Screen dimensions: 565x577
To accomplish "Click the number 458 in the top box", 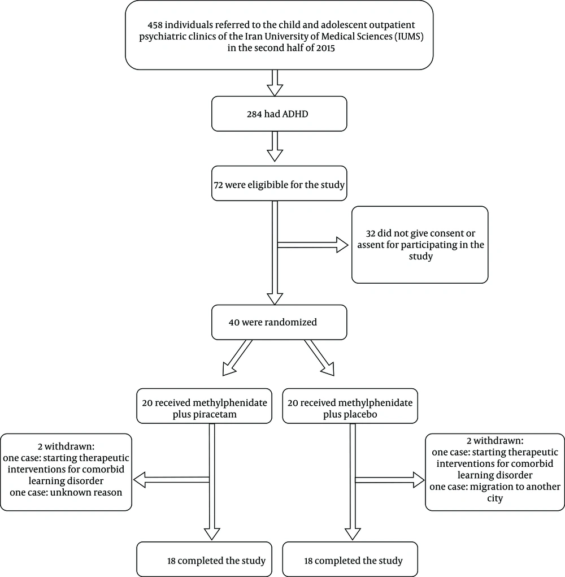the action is (x=155, y=25).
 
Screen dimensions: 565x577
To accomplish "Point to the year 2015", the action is (x=325, y=48).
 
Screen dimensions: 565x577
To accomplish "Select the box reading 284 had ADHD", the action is (x=279, y=114).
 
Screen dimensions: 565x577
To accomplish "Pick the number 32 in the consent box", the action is (x=371, y=233).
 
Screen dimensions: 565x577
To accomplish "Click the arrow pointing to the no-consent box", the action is (x=312, y=245).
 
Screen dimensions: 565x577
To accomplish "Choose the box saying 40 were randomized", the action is (x=279, y=322).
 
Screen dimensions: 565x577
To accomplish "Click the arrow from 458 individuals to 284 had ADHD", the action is (x=275, y=83).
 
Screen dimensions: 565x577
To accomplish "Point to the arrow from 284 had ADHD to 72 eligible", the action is (x=275, y=146).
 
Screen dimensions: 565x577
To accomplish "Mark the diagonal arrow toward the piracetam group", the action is (x=237, y=358).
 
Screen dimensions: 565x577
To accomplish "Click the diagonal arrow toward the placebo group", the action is (x=319, y=358).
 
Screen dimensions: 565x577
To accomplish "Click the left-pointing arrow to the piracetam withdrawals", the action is (x=171, y=480).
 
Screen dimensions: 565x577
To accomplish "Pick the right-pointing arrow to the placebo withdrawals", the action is (x=389, y=480).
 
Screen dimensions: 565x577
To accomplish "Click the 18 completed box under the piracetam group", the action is (x=204, y=559).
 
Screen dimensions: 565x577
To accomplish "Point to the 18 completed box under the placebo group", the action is (x=350, y=559).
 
